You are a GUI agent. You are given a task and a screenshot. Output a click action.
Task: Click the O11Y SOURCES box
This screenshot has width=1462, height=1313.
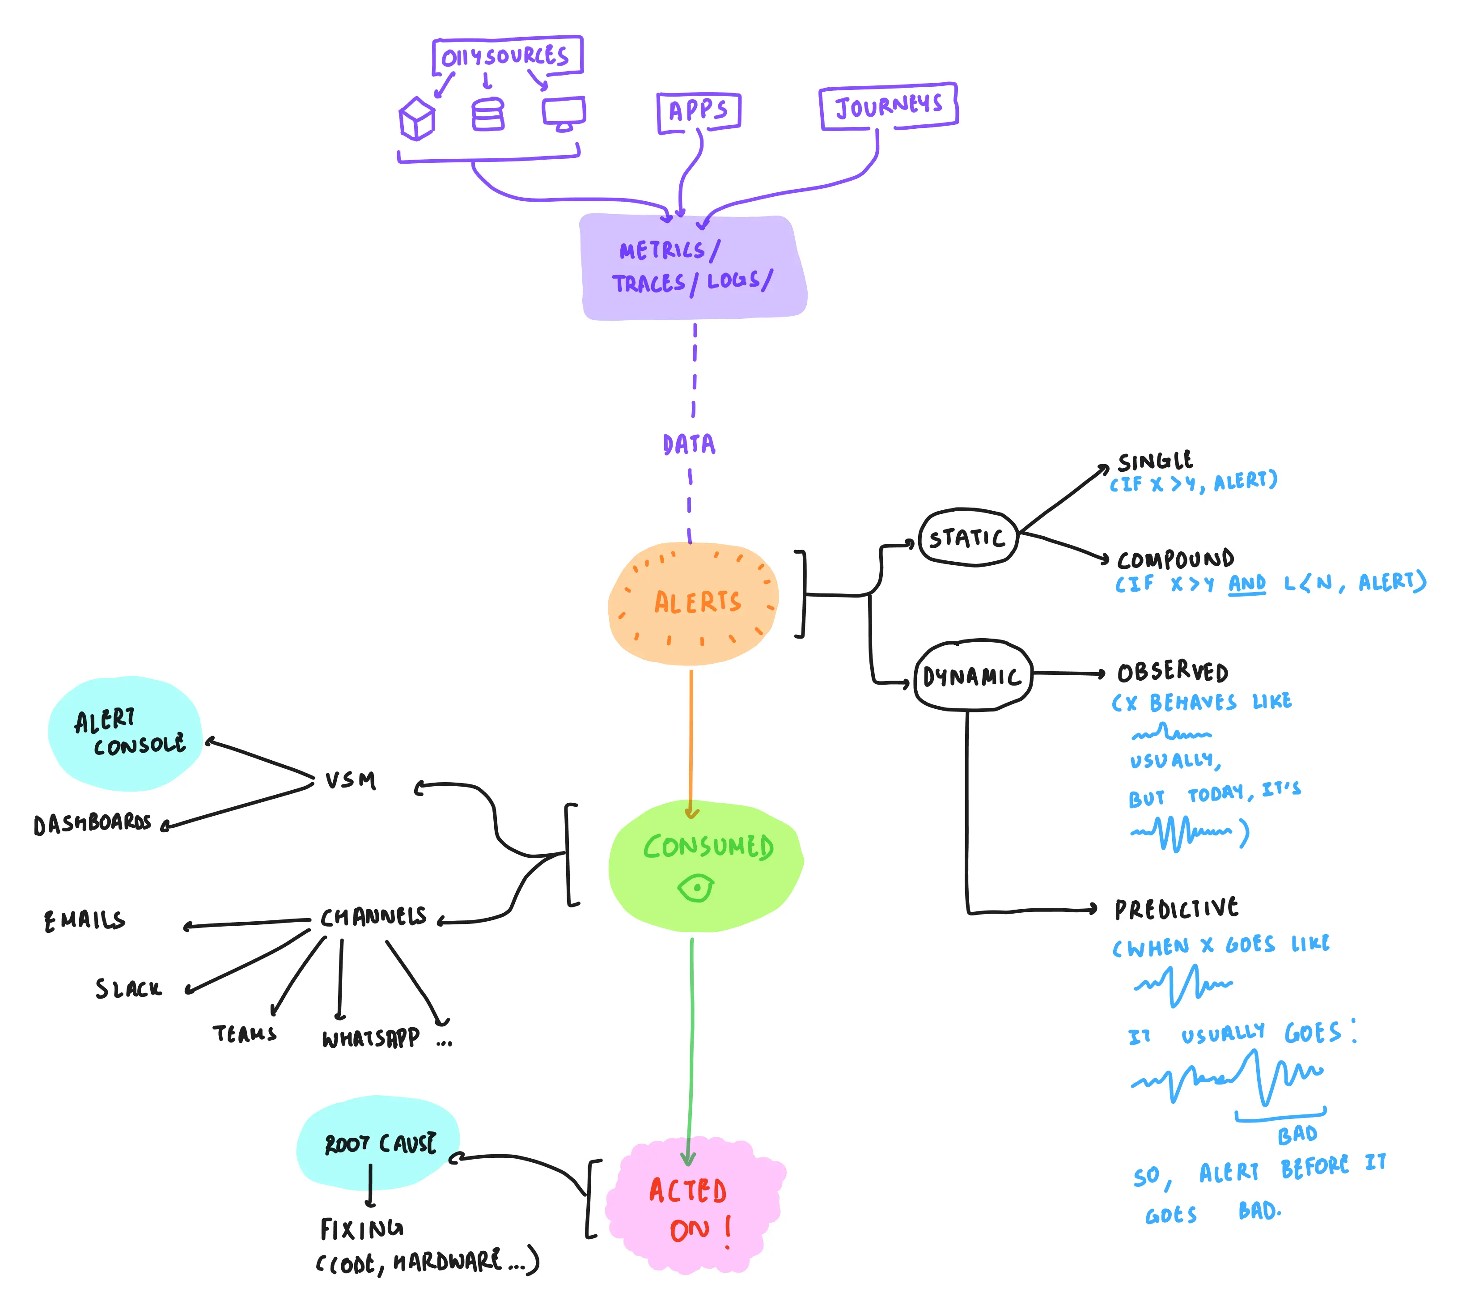507,55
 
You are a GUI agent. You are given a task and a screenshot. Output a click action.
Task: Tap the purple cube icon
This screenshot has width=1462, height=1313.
417,119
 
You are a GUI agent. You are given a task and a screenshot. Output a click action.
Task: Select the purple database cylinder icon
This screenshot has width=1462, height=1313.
488,114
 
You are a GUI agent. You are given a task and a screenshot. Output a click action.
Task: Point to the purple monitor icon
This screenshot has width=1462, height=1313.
564,113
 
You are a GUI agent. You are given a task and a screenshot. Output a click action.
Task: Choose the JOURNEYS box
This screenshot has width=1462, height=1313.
888,106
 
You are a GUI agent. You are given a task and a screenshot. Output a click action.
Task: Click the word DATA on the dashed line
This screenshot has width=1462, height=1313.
689,444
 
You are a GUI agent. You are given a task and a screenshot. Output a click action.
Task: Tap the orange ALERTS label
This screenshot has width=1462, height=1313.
697,601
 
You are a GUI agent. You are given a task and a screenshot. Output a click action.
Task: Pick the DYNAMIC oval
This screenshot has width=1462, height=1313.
972,676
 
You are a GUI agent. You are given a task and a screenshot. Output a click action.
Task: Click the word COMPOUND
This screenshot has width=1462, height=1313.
1175,559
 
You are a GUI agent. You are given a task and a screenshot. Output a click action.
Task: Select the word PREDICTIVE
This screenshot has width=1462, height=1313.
1176,908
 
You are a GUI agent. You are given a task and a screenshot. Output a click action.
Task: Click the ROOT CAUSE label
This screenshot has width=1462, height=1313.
380,1144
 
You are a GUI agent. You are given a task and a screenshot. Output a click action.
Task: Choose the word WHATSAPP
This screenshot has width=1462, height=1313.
370,1038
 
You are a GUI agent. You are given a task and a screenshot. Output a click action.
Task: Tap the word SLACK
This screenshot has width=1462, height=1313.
128,988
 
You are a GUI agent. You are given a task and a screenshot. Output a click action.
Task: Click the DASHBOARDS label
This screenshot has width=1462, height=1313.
93,823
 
